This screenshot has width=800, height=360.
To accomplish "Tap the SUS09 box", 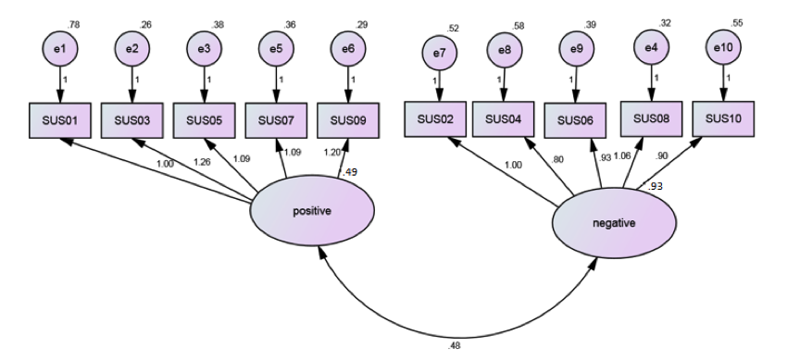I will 348,119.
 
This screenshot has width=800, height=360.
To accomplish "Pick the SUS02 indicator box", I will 435,119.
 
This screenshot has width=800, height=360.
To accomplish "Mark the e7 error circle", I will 439,54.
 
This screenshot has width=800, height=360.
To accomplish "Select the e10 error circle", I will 724,46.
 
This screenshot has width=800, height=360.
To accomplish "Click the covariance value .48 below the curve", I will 454,347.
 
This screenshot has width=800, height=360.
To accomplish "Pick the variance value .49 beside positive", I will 350,171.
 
